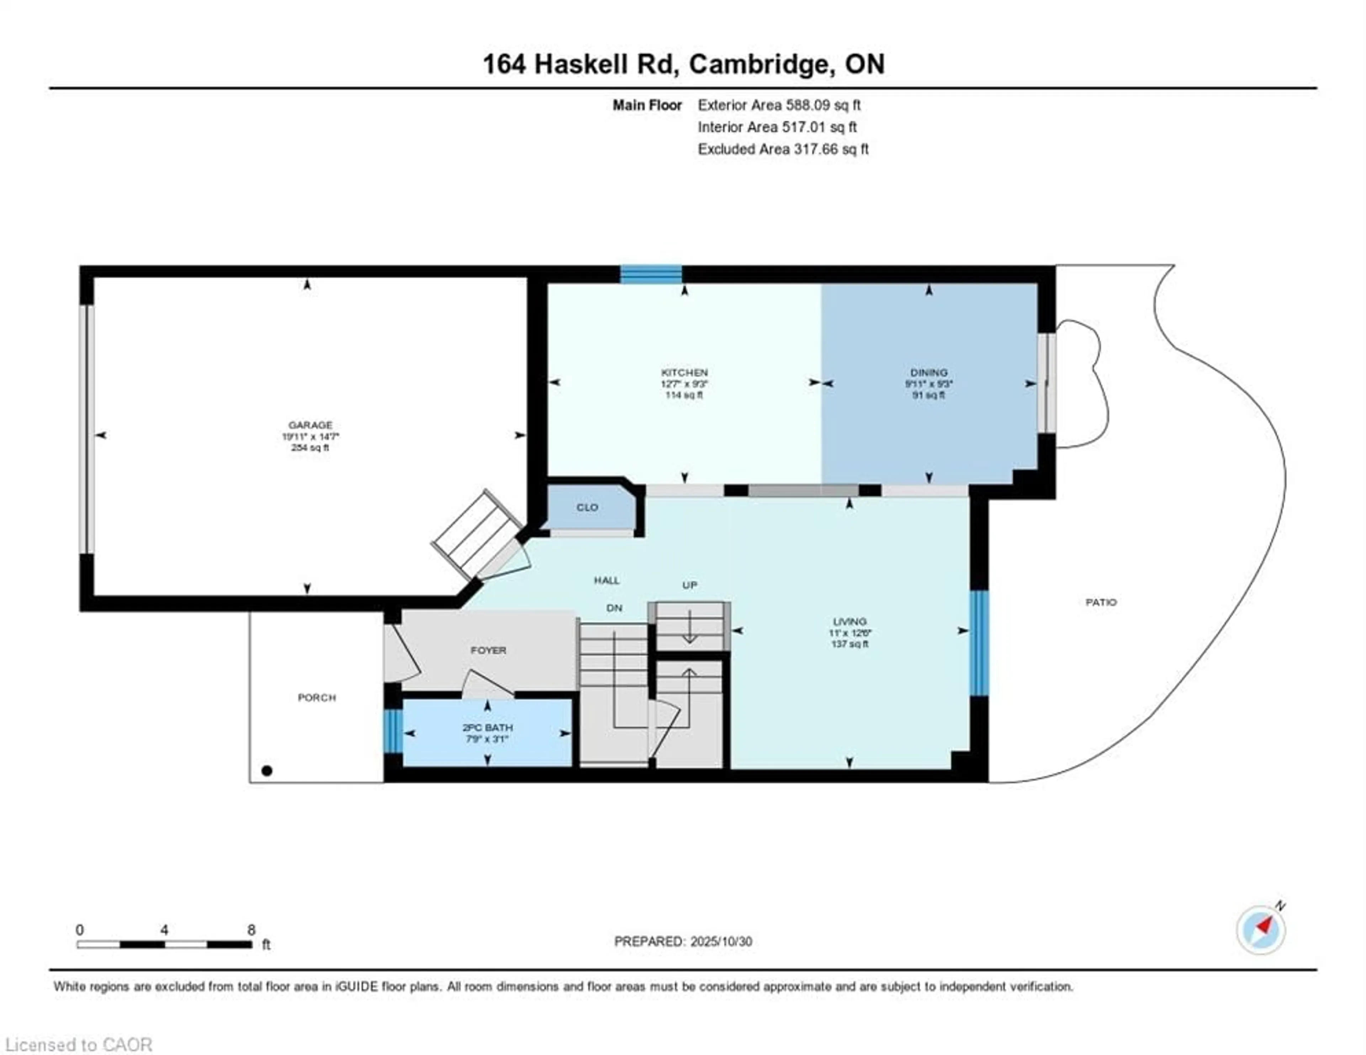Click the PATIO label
click(1101, 603)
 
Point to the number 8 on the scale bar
click(251, 930)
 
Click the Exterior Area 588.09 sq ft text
click(779, 105)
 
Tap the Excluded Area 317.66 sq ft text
click(783, 149)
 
